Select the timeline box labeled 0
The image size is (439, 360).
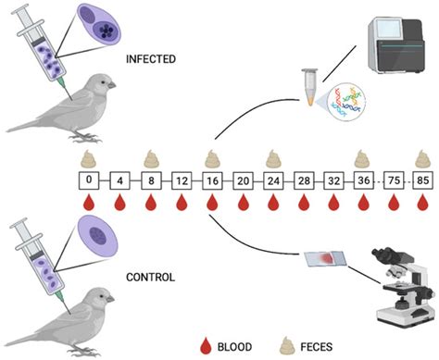(90, 178)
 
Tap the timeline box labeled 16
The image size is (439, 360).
(212, 178)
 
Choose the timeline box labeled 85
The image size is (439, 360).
(424, 178)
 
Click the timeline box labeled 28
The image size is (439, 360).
(303, 178)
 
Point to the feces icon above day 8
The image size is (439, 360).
(151, 155)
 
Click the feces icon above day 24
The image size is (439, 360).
(272, 155)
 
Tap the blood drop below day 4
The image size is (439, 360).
(120, 202)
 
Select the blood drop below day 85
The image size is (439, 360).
(424, 202)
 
